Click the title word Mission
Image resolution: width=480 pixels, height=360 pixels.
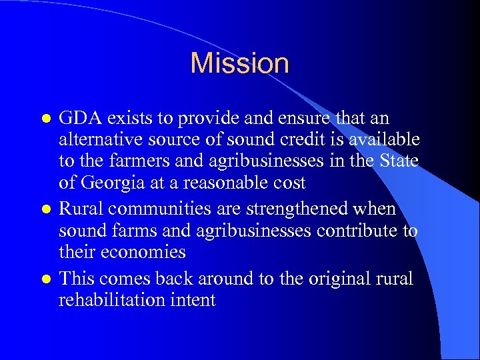click(x=239, y=63)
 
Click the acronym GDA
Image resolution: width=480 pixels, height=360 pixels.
click(x=79, y=119)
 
